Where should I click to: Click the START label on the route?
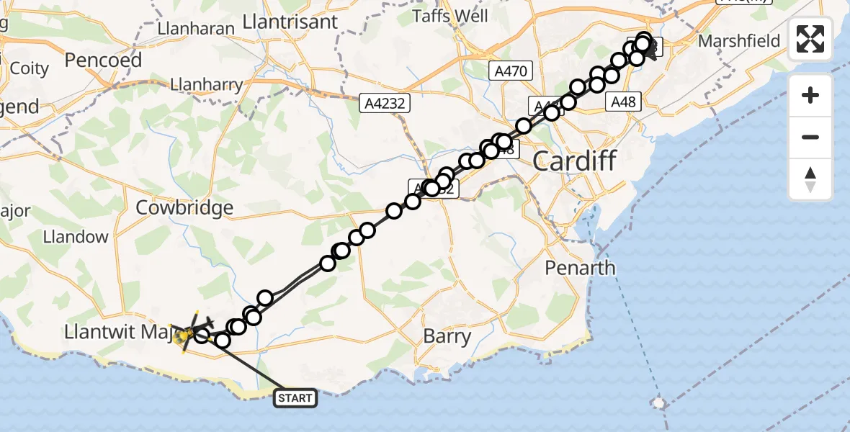pyautogui.click(x=295, y=397)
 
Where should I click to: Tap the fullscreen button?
pyautogui.click(x=810, y=39)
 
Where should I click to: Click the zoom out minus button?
pyautogui.click(x=810, y=137)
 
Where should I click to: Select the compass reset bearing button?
pyautogui.click(x=810, y=179)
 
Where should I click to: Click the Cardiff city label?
pyautogui.click(x=575, y=161)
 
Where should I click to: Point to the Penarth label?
pyautogui.click(x=580, y=268)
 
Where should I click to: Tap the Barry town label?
pyautogui.click(x=447, y=336)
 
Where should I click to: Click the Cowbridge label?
pyautogui.click(x=185, y=208)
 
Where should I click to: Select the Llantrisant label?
pyautogui.click(x=290, y=22)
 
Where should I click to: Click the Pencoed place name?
pyautogui.click(x=103, y=60)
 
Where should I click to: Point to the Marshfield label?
pyautogui.click(x=739, y=41)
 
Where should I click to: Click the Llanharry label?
pyautogui.click(x=206, y=84)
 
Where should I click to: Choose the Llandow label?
pyautogui.click(x=76, y=237)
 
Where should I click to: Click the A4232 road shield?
pyautogui.click(x=385, y=104)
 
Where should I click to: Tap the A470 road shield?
pyautogui.click(x=511, y=71)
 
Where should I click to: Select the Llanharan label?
pyautogui.click(x=196, y=30)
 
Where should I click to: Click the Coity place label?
pyautogui.click(x=30, y=69)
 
